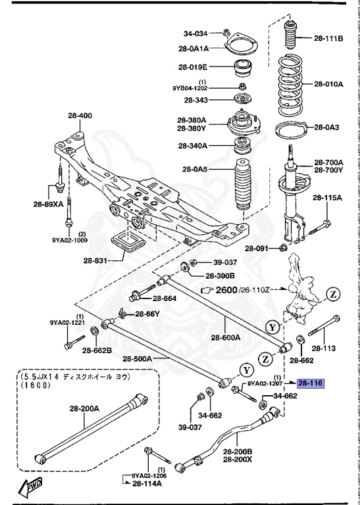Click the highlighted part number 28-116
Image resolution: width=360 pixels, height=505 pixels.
(311, 383)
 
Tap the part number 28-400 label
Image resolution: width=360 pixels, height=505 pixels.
(80, 116)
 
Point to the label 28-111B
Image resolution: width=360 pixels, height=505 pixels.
(328, 38)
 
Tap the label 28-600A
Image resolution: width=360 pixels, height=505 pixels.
(226, 338)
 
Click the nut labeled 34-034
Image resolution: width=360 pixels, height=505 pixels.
(227, 32)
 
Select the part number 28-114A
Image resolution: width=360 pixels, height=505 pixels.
(147, 483)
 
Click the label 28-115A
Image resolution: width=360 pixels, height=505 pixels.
(328, 197)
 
